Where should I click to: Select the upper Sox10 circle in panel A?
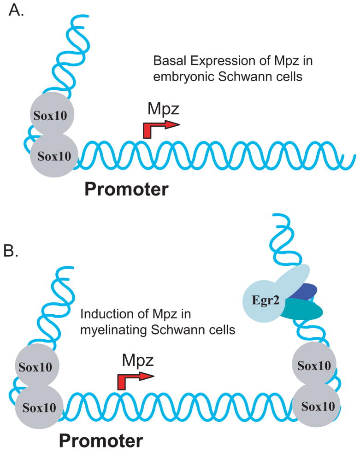51,115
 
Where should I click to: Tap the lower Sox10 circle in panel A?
51,155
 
